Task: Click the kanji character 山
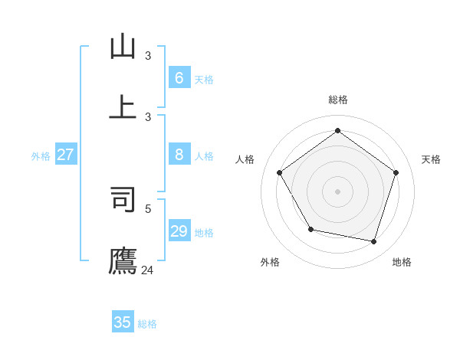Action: tap(123, 47)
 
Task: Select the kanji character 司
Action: tap(123, 198)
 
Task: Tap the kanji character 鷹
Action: tap(123, 260)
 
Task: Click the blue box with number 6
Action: tap(179, 77)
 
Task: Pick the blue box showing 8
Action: tap(179, 155)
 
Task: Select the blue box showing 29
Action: tap(179, 231)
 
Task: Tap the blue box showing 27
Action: tap(65, 155)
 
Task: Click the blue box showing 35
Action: tap(123, 322)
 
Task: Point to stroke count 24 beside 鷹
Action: tap(147, 270)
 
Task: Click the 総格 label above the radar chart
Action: tap(338, 100)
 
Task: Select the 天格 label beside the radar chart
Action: tap(431, 159)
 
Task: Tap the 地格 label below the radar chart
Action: tap(402, 262)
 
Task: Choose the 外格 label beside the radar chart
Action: tap(270, 262)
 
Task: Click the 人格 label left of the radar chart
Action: tap(245, 159)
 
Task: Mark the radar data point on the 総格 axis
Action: tap(337, 131)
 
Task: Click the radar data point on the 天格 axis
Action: tap(396, 172)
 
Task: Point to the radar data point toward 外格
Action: tap(310, 229)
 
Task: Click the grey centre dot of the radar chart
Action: tap(337, 191)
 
